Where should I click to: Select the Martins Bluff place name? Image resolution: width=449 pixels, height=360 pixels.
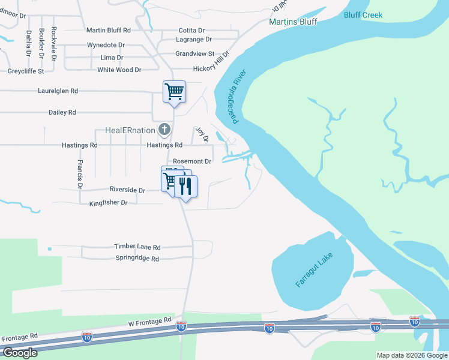(292, 22)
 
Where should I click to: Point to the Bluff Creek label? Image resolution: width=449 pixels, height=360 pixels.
(363, 15)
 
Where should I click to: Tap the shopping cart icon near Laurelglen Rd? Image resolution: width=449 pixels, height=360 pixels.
(174, 92)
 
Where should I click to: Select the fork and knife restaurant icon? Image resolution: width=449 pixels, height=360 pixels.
(185, 185)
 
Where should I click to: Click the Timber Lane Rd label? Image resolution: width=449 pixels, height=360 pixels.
(137, 247)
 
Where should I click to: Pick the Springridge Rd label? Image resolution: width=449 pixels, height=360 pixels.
(137, 259)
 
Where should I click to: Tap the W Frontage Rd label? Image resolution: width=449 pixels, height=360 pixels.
(150, 323)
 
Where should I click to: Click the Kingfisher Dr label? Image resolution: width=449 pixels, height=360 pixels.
(108, 203)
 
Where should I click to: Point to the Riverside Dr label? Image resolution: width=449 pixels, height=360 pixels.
(127, 190)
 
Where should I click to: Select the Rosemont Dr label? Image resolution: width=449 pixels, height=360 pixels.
(192, 161)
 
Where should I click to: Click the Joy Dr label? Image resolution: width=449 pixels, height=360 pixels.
(202, 134)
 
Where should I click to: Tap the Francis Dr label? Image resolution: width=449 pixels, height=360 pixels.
(79, 172)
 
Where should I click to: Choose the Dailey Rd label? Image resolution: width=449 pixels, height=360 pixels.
(62, 112)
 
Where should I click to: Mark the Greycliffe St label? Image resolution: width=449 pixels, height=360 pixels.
(26, 71)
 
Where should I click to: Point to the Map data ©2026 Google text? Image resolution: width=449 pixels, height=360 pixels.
(412, 355)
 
